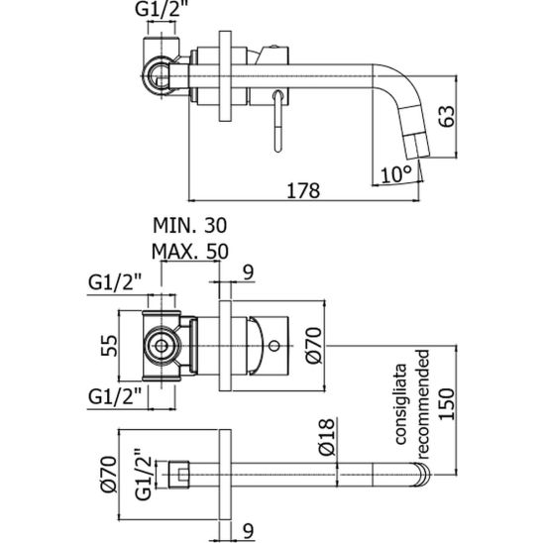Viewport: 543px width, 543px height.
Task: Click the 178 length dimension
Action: pyautogui.click(x=303, y=191)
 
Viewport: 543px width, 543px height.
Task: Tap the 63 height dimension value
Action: pyautogui.click(x=447, y=116)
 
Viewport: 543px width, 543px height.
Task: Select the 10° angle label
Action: pyautogui.click(x=397, y=174)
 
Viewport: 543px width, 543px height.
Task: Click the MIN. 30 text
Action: pyautogui.click(x=190, y=226)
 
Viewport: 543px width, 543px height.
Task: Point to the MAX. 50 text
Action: pyautogui.click(x=190, y=251)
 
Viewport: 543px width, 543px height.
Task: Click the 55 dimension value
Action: pyautogui.click(x=109, y=345)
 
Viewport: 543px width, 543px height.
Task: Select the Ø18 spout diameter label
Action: pyautogui.click(x=327, y=437)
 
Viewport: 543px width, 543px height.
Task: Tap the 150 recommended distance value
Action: pyautogui.click(x=446, y=404)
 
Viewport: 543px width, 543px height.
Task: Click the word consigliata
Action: pyautogui.click(x=401, y=404)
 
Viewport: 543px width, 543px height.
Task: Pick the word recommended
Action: pyautogui.click(x=423, y=404)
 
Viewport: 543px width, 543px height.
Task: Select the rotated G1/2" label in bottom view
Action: pyautogui.click(x=143, y=475)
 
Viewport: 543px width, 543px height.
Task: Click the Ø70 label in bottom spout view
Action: pyautogui.click(x=109, y=475)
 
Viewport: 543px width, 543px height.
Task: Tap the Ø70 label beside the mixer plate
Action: pyautogui.click(x=314, y=346)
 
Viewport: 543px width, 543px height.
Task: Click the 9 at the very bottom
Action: pyautogui.click(x=249, y=530)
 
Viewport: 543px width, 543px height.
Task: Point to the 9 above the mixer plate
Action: pyautogui.click(x=249, y=272)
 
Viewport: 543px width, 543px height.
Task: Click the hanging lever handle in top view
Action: pyautogui.click(x=278, y=121)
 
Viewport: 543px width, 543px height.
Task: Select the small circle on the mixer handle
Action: pyautogui.click(x=274, y=346)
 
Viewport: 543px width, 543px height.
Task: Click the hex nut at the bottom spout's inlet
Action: pyautogui.click(x=179, y=475)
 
